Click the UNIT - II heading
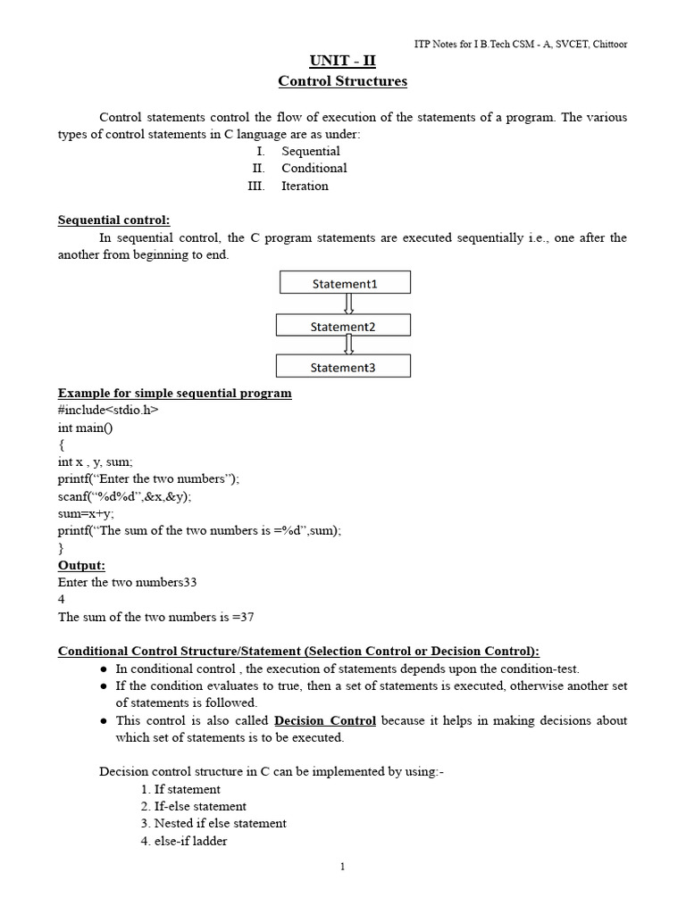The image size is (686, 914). tap(342, 62)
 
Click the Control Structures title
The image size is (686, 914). tap(342, 81)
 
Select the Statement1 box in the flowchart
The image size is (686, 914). tap(344, 283)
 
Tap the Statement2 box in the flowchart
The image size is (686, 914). tap(344, 326)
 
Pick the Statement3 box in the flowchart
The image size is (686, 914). tap(344, 367)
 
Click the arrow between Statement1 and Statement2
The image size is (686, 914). tap(347, 303)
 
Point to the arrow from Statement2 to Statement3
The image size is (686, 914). tap(347, 345)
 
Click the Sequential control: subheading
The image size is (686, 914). tap(113, 220)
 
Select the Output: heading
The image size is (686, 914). tap(81, 565)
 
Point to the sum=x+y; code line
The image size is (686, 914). tap(86, 513)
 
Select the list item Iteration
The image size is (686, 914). tap(305, 186)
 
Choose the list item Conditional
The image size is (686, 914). tap(314, 168)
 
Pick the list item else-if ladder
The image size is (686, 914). tap(184, 841)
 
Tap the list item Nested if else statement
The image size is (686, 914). tap(213, 823)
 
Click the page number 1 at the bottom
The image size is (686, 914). tap(342, 867)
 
